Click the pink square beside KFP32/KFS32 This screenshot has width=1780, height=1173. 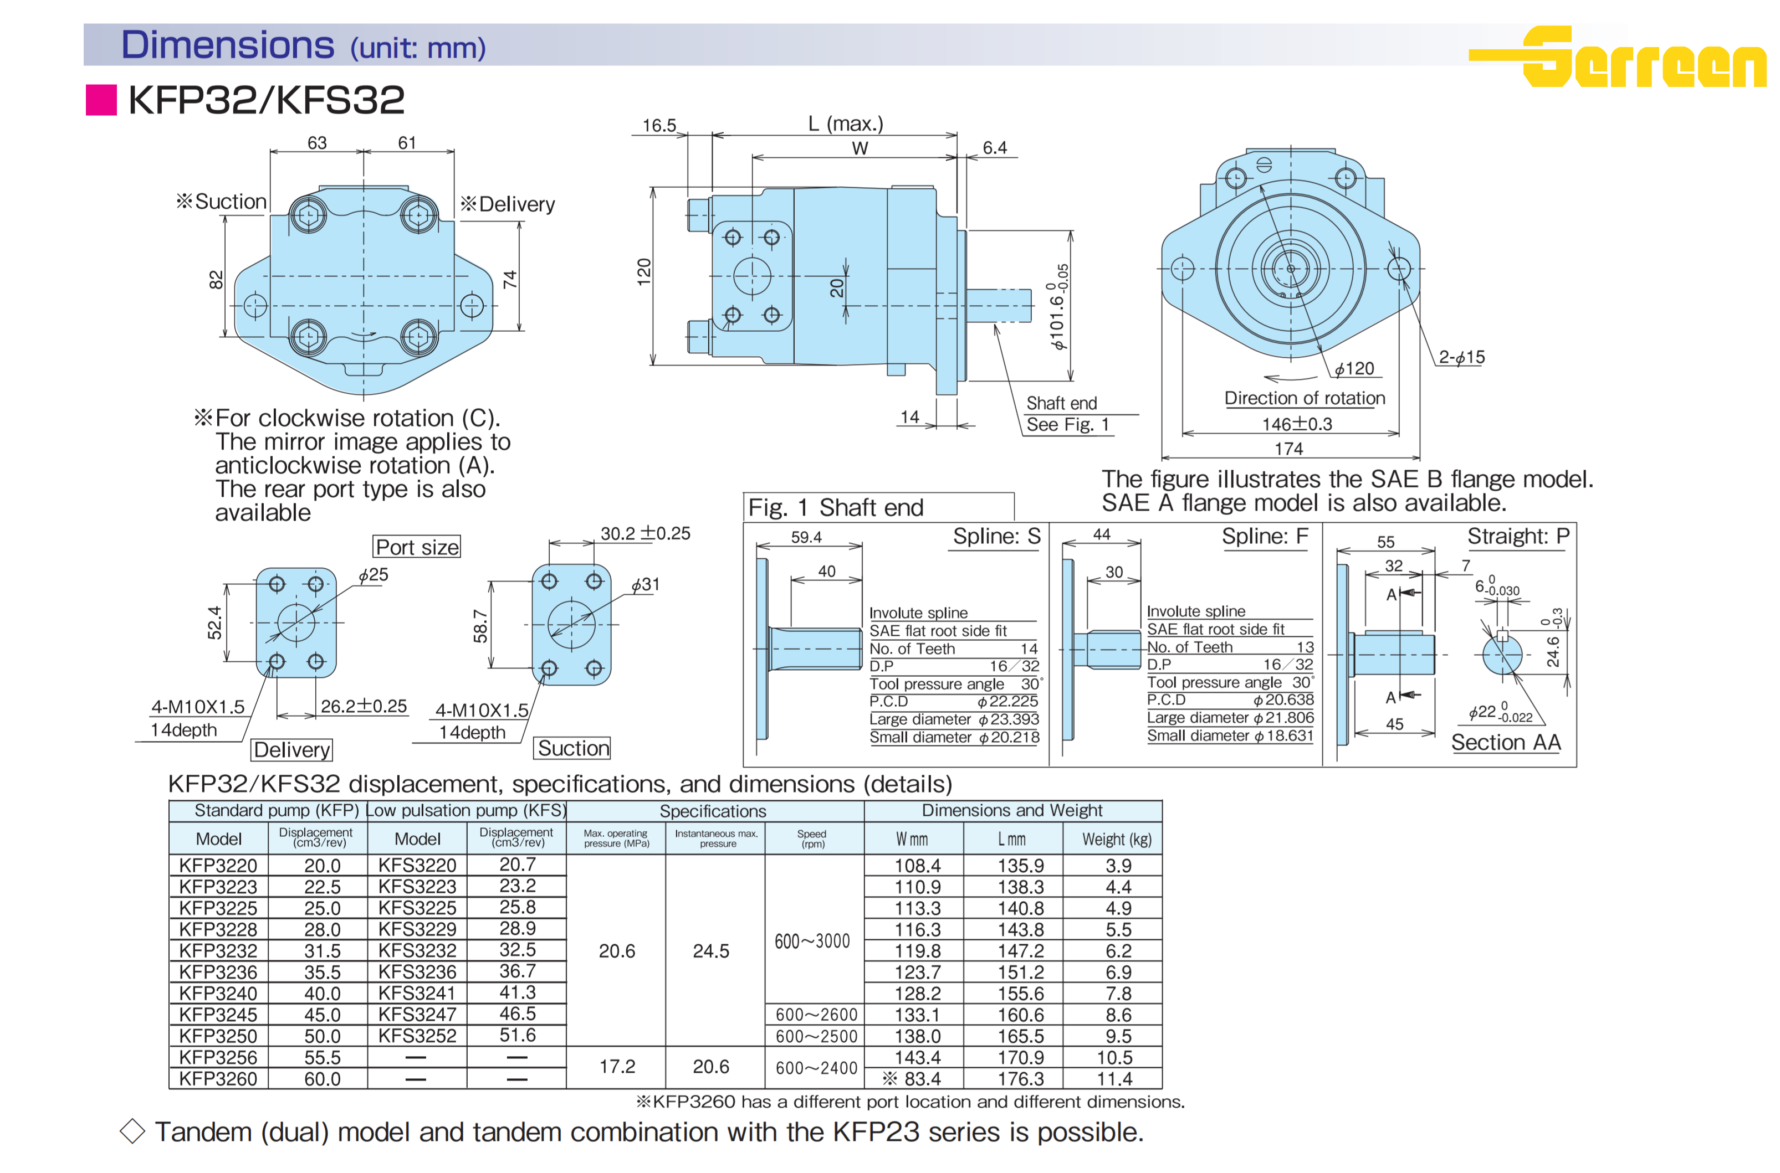click(x=101, y=100)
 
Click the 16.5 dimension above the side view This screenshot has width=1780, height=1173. click(x=659, y=126)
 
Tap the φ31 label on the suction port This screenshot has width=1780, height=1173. click(x=645, y=584)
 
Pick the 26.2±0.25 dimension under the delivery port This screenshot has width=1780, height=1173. click(x=364, y=706)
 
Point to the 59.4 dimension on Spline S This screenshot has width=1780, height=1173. click(x=806, y=537)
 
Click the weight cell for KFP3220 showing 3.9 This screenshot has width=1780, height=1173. click(x=1118, y=866)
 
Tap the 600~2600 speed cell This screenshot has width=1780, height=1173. click(x=816, y=1015)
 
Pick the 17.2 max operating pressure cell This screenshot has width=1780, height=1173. click(x=617, y=1067)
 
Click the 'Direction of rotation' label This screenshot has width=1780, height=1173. click(x=1304, y=398)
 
